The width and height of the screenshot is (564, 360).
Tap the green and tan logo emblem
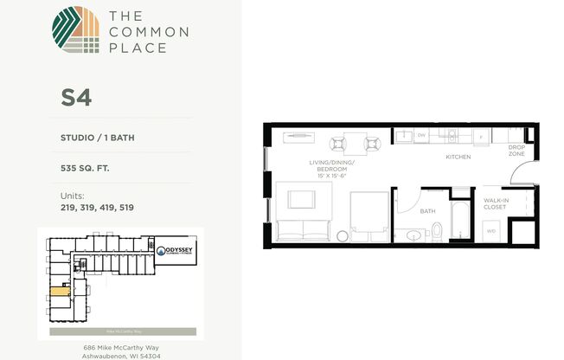click(75, 31)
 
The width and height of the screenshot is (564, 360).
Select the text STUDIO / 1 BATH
click(98, 136)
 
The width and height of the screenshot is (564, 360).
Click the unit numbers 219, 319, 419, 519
click(97, 208)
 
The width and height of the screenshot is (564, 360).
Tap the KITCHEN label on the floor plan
click(458, 157)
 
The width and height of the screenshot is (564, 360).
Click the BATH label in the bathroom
click(426, 210)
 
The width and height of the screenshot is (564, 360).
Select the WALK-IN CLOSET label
click(495, 203)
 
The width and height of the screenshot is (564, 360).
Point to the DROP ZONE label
click(516, 150)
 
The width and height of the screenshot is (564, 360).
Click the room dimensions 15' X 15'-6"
click(332, 177)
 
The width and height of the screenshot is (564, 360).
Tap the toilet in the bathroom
click(436, 230)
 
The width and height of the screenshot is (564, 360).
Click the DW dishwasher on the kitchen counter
click(421, 135)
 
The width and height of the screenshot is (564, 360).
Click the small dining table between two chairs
click(355, 142)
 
